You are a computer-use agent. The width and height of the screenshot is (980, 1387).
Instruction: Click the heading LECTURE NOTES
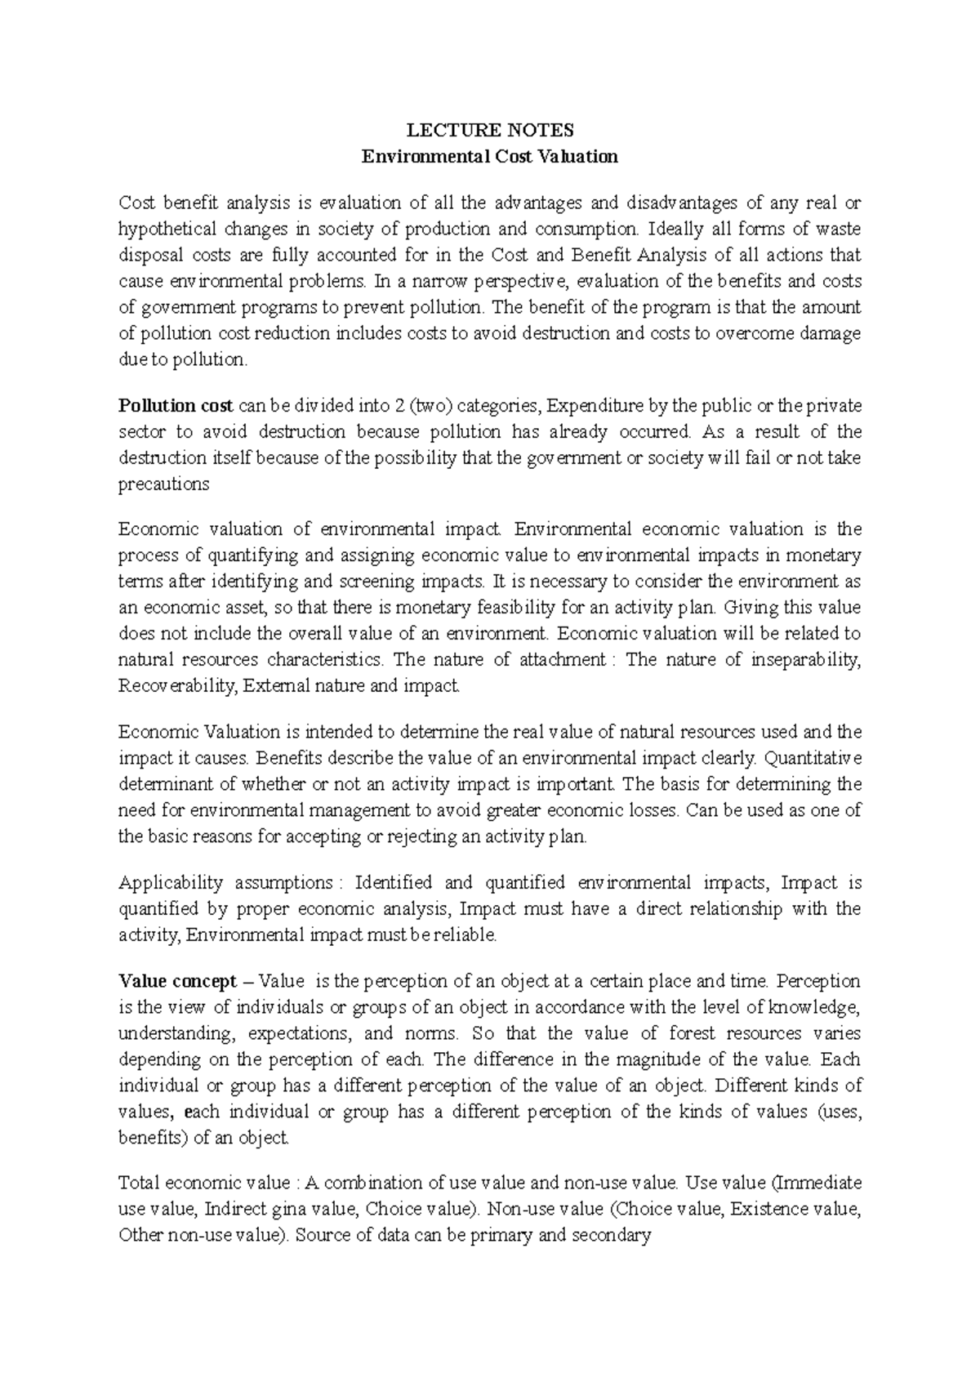coord(490,131)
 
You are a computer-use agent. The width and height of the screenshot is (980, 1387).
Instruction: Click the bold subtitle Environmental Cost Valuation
coord(490,157)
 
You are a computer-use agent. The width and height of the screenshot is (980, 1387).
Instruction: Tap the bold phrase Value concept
coord(177,981)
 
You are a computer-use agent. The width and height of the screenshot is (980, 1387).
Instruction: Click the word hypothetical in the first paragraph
coord(167,230)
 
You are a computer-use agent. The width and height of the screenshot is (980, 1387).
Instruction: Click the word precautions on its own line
coord(163,484)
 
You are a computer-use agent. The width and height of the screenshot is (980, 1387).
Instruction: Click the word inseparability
coord(804,660)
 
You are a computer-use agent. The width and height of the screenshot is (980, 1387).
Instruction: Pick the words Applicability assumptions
coord(225,883)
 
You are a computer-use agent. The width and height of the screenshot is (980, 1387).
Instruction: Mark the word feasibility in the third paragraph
coord(483,608)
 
